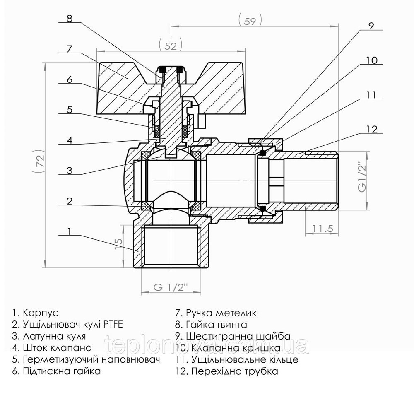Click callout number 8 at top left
point(69,18)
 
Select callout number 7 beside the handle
point(69,48)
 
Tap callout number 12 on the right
point(372,129)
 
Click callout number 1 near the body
point(69,231)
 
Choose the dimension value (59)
point(250,21)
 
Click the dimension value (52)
point(171,46)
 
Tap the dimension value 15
point(118,241)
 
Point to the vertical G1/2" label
point(362,177)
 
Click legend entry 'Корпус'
point(41,312)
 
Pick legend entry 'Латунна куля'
point(54,336)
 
